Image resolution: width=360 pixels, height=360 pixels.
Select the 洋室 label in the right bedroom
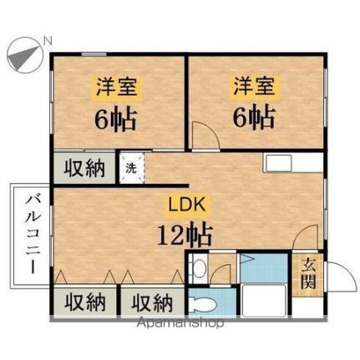click(x=253, y=86)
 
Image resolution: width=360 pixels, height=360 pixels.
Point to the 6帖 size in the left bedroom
click(x=114, y=117)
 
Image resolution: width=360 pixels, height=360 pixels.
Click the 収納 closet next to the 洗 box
click(x=85, y=167)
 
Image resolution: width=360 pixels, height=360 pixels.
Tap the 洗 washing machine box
click(x=132, y=167)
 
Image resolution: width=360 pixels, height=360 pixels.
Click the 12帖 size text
click(x=184, y=233)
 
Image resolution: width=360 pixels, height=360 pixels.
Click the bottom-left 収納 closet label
click(x=84, y=302)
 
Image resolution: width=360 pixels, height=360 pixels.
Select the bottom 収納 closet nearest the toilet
click(x=151, y=302)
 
